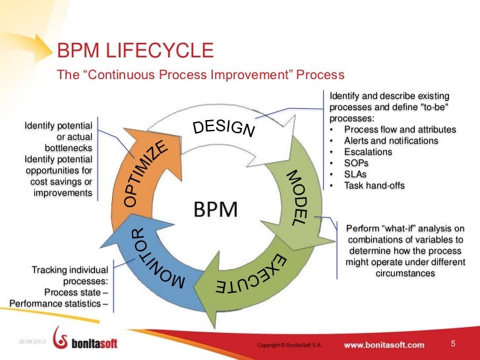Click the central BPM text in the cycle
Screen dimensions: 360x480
[220, 210]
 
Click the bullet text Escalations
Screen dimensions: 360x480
[368, 152]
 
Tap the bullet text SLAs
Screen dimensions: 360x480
[356, 174]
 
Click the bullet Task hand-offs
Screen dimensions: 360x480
[374, 185]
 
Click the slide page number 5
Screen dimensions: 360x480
[453, 344]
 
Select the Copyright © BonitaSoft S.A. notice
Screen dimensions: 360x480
[289, 345]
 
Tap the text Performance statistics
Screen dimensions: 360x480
[55, 304]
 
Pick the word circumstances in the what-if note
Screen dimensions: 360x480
[405, 273]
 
